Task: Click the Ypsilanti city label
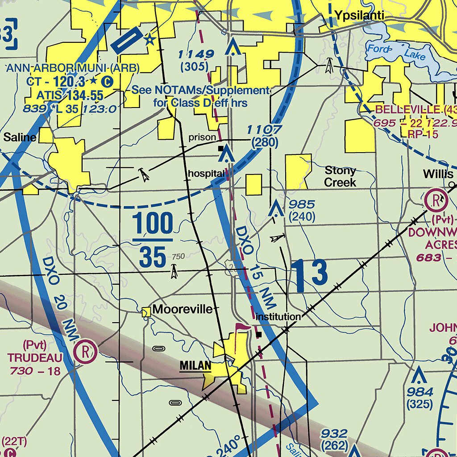click(360, 17)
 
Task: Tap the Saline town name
click(20, 137)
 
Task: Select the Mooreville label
click(183, 309)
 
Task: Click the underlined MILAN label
click(195, 366)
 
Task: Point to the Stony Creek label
click(340, 176)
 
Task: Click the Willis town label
click(438, 174)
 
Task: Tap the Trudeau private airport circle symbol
click(85, 351)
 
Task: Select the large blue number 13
click(310, 274)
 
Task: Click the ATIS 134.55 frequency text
click(70, 95)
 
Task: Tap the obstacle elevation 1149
click(195, 54)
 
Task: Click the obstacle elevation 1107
click(265, 130)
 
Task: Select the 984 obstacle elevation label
click(420, 392)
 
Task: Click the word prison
click(202, 137)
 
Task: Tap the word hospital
click(206, 173)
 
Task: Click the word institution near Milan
click(278, 316)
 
